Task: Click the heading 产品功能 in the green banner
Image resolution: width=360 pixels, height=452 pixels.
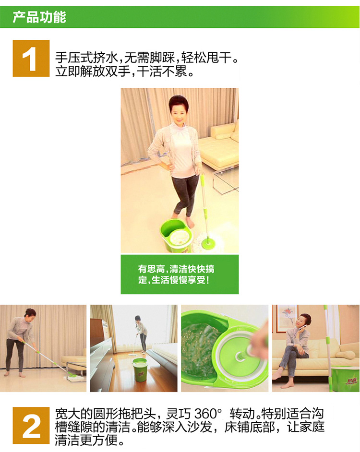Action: pyautogui.click(x=39, y=17)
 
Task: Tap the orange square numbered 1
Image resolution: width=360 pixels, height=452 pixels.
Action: pyautogui.click(x=31, y=58)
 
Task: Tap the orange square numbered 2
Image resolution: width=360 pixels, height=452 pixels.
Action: pyautogui.click(x=31, y=425)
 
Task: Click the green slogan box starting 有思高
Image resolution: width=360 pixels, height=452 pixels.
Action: pyautogui.click(x=180, y=274)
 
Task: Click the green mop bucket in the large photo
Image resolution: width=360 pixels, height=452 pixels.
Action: pyautogui.click(x=176, y=235)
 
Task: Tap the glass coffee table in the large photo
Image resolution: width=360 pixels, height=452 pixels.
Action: pyautogui.click(x=226, y=178)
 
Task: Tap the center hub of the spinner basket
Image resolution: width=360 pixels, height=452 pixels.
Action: pyautogui.click(x=240, y=357)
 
